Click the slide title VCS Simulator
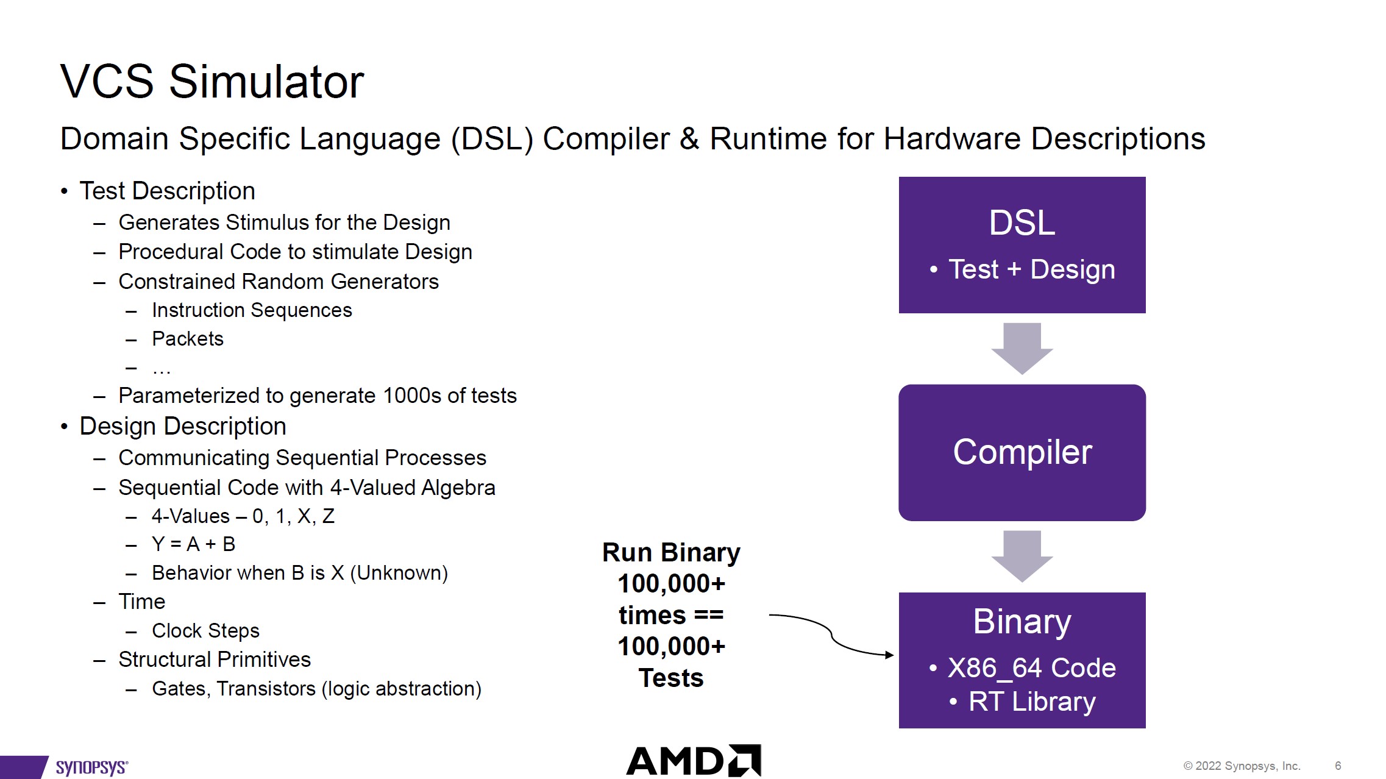pyautogui.click(x=211, y=82)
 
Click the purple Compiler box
pyautogui.click(x=1022, y=452)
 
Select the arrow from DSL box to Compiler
pyautogui.click(x=1022, y=348)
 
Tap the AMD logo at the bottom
pyautogui.click(x=694, y=761)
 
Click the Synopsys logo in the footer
pyautogui.click(x=91, y=767)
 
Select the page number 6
pyautogui.click(x=1338, y=766)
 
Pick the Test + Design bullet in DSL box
pyautogui.click(x=1031, y=269)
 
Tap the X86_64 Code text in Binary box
pyautogui.click(x=1031, y=668)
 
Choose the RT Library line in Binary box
pyautogui.click(x=1031, y=702)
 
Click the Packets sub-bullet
pyautogui.click(x=188, y=339)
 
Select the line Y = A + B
pyautogui.click(x=193, y=544)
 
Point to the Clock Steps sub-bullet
pyautogui.click(x=205, y=630)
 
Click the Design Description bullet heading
pyautogui.click(x=182, y=426)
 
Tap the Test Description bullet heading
pyautogui.click(x=167, y=191)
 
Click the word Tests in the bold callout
pyautogui.click(x=671, y=678)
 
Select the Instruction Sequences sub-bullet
pyautogui.click(x=252, y=310)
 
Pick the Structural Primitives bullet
pyautogui.click(x=215, y=660)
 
